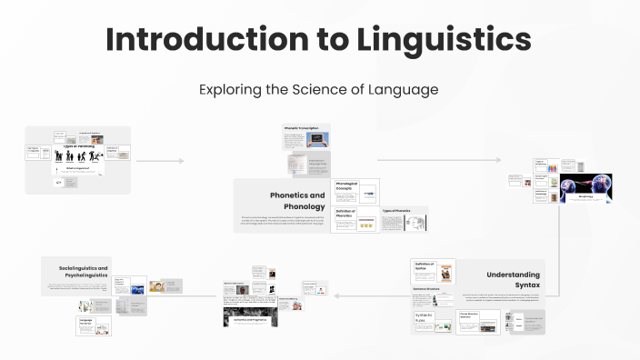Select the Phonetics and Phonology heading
(x=296, y=200)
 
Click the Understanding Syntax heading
(x=513, y=279)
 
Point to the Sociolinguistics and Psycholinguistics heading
(x=77, y=273)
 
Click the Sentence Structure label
(x=427, y=286)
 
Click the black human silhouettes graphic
(x=78, y=155)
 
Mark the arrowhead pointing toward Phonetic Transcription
(x=181, y=161)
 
